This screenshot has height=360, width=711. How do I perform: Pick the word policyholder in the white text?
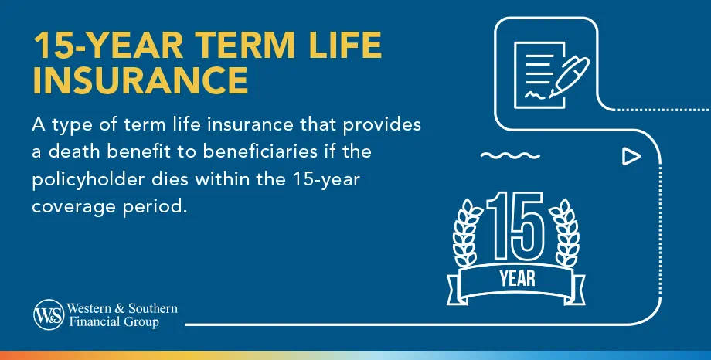[83, 180]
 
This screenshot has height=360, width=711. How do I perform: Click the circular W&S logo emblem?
[47, 314]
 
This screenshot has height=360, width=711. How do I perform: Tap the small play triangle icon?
[631, 157]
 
